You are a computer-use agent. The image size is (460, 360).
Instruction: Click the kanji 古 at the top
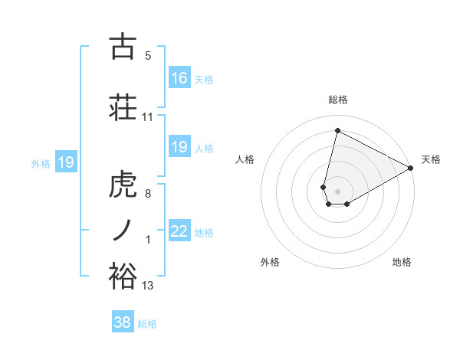[x=123, y=47]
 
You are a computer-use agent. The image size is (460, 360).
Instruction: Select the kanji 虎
[x=123, y=185]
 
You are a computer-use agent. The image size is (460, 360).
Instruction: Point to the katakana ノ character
[x=123, y=229]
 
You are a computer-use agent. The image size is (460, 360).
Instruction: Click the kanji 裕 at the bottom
[x=123, y=276]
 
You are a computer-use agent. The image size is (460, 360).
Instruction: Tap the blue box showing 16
[x=179, y=78]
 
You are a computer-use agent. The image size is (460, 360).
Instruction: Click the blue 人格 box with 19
[x=179, y=147]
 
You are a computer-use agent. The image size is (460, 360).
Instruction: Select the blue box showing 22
[x=179, y=231]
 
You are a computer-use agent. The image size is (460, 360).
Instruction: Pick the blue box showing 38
[x=123, y=322]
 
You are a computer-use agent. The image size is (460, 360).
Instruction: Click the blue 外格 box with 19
[x=65, y=162]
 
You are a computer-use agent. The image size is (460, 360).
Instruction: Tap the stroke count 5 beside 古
[x=148, y=56]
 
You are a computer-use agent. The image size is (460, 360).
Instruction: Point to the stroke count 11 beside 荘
[x=148, y=117]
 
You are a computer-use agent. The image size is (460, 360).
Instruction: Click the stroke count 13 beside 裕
[x=148, y=286]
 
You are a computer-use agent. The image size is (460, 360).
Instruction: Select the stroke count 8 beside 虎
[x=148, y=194]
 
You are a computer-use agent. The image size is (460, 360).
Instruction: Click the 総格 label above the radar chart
[x=337, y=100]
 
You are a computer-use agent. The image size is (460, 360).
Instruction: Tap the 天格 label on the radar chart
[x=431, y=159]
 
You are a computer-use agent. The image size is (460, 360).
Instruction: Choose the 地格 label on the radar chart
[x=402, y=262]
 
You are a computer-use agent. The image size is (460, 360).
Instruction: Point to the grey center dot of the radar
[x=337, y=190]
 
